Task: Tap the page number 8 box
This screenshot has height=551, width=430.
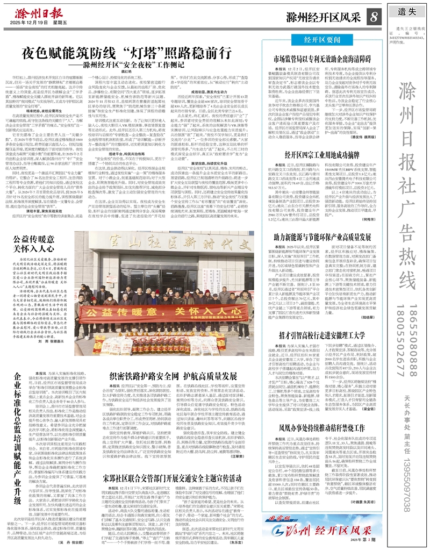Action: click(373, 17)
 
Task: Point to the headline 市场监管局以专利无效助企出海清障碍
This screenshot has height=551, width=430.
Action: click(322, 58)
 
